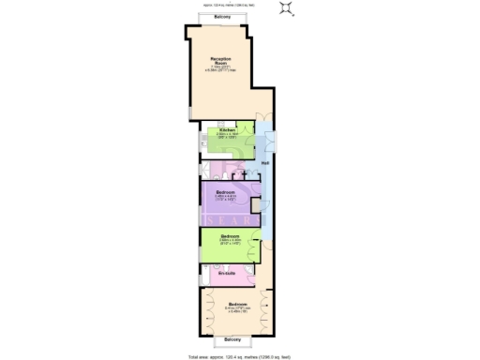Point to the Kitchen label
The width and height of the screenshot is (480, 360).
tap(226, 129)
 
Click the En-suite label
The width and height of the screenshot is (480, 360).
tap(228, 273)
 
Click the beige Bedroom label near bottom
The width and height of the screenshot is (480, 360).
tap(236, 305)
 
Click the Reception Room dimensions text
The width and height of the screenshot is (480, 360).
tap(221, 70)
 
